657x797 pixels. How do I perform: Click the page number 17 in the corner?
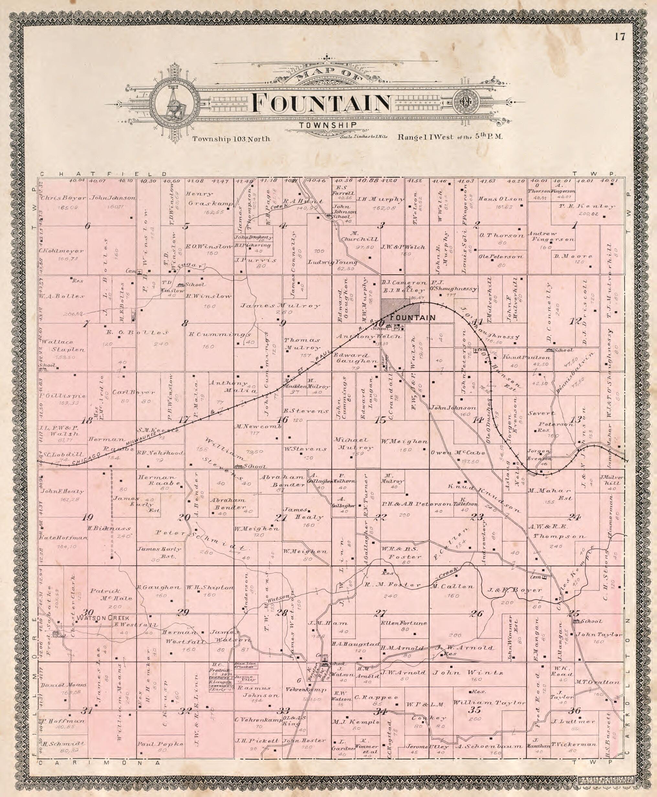[x=620, y=37]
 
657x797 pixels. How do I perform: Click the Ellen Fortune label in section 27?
[x=404, y=623]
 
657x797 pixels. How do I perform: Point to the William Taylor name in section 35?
[x=489, y=702]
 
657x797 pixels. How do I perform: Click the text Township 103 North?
[x=231, y=139]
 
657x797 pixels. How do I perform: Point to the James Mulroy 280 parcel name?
[x=280, y=306]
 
